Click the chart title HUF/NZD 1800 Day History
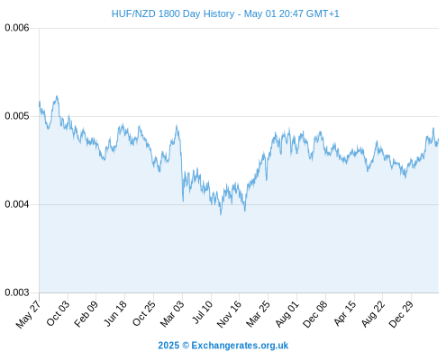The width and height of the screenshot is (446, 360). click(173, 13)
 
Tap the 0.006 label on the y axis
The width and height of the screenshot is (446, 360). click(17, 28)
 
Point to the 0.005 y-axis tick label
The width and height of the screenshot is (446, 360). click(17, 116)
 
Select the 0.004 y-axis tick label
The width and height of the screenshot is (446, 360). click(17, 204)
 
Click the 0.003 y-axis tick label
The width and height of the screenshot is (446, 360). click(17, 292)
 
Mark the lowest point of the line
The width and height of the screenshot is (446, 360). click(221, 215)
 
